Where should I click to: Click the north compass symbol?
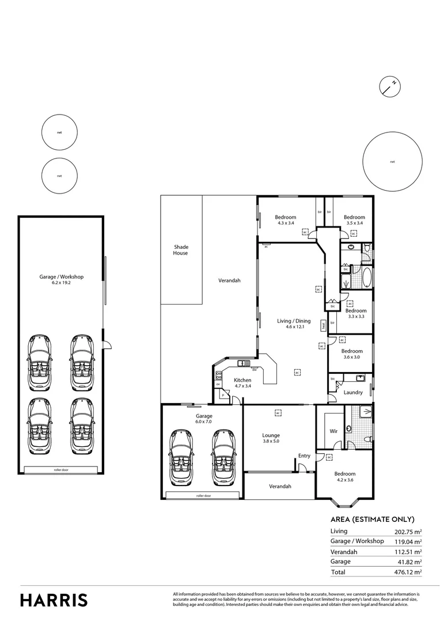(390, 86)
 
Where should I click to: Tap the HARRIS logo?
(54, 600)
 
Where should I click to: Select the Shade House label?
(181, 250)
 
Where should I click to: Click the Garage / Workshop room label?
(61, 276)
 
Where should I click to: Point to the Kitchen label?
(242, 380)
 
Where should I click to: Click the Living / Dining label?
(294, 321)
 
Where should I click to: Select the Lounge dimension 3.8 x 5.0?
(271, 442)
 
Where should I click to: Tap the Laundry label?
(352, 393)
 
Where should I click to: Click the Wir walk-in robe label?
(333, 431)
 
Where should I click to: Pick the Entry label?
(304, 456)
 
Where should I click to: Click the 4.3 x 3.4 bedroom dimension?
(286, 223)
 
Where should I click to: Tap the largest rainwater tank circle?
(392, 162)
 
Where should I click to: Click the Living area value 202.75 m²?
(408, 532)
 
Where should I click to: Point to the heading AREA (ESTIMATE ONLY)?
(372, 519)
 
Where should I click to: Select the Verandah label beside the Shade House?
(229, 280)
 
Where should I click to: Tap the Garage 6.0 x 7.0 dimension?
(204, 422)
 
